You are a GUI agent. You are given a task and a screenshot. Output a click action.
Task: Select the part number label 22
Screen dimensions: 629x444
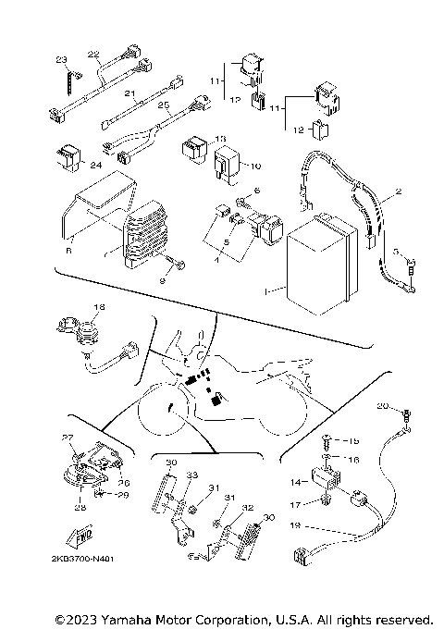[93, 54]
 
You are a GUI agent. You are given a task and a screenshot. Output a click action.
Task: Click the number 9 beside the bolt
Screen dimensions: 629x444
[165, 278]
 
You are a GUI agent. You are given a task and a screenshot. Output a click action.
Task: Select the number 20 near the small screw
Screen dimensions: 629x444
[382, 406]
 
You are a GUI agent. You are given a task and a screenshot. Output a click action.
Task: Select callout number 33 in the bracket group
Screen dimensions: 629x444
[192, 475]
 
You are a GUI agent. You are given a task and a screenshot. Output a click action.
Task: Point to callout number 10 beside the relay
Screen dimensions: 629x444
[255, 166]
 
